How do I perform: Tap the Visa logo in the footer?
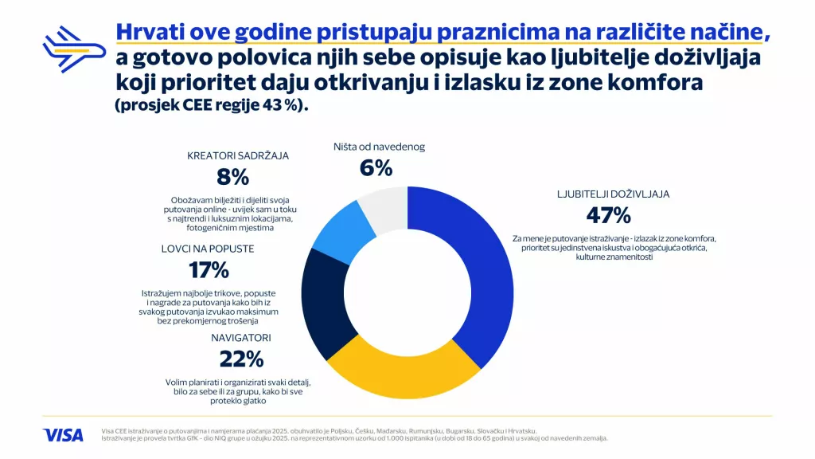point(63,434)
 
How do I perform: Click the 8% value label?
point(234,176)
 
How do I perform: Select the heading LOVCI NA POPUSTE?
point(209,249)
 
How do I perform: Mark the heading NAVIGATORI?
point(240,338)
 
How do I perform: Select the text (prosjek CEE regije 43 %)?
point(211,107)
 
